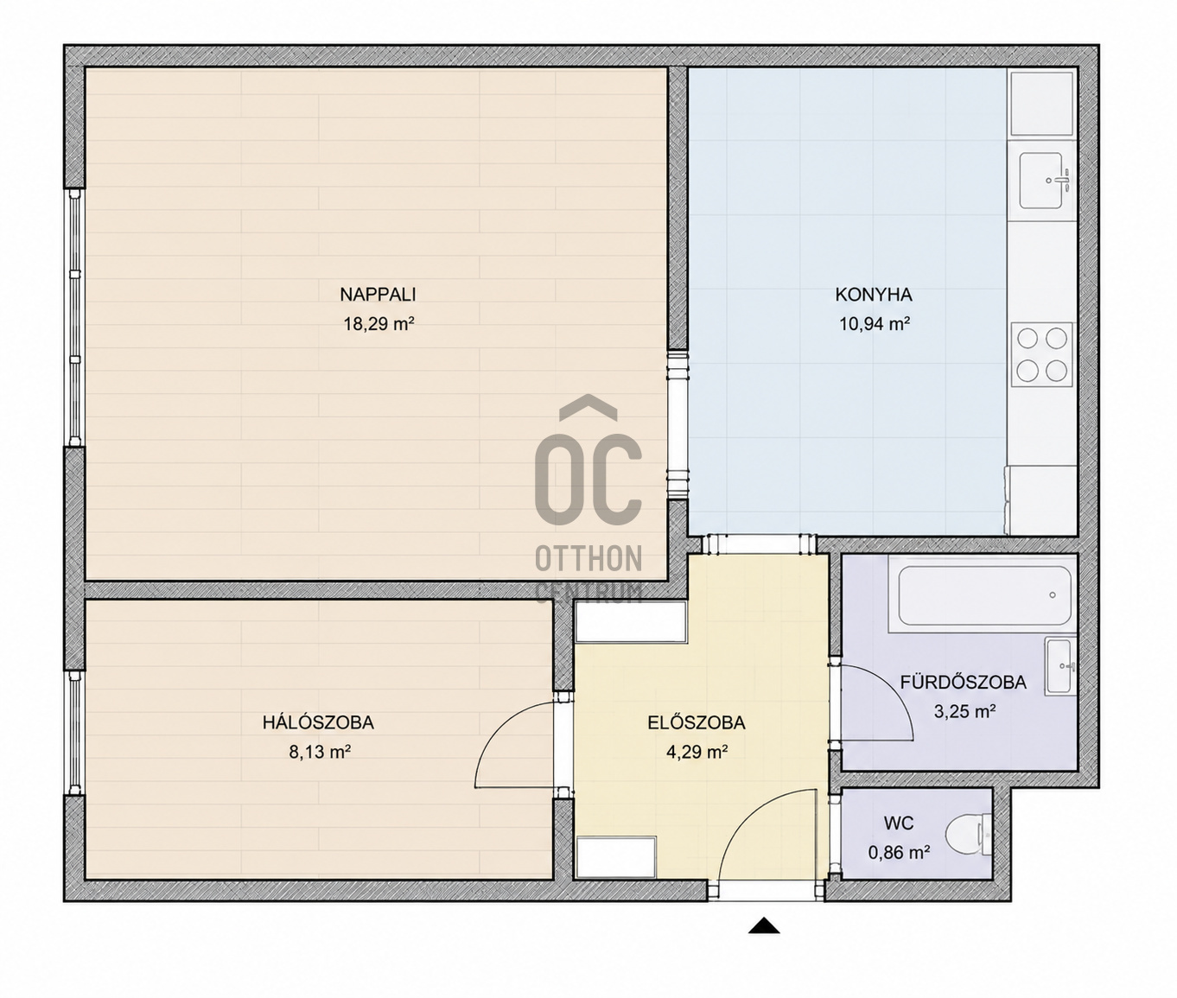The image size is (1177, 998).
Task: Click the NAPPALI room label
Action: point(378,295)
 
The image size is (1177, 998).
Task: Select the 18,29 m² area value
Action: point(378,324)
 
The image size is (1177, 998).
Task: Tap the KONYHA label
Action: point(874,295)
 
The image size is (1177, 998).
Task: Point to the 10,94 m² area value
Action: point(874,324)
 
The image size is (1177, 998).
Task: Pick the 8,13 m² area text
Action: point(320,752)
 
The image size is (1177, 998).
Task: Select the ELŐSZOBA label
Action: point(697,722)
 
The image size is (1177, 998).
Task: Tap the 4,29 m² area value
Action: point(697,752)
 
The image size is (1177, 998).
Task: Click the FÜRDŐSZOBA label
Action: point(963,682)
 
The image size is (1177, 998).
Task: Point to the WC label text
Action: point(899,823)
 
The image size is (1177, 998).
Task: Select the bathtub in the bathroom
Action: point(984,595)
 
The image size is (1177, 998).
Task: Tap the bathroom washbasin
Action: point(1059,666)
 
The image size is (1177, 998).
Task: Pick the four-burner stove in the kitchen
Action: point(1041,354)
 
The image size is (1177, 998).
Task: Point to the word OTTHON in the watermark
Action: point(588,558)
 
